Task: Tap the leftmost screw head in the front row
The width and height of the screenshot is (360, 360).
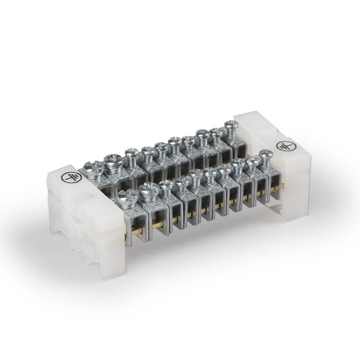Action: click(x=127, y=196)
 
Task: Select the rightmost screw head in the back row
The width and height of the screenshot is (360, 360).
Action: click(x=231, y=125)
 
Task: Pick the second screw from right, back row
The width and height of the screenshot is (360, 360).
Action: click(x=216, y=132)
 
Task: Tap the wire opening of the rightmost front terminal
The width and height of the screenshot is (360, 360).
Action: click(x=274, y=178)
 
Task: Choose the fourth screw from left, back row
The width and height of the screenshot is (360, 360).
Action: click(x=148, y=151)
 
